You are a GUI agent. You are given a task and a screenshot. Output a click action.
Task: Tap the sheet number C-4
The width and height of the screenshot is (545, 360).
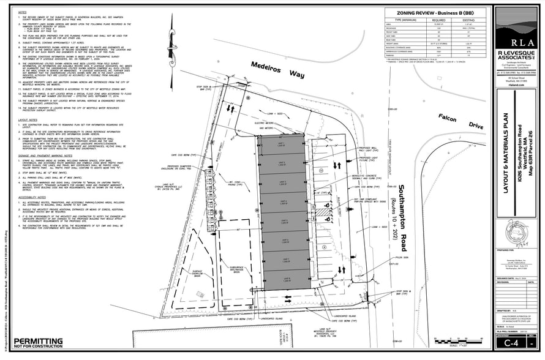(x=518, y=345)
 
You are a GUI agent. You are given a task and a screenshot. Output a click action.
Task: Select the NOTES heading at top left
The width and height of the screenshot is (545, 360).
(x=22, y=12)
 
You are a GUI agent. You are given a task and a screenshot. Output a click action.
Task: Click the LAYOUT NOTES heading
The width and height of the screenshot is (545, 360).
(x=28, y=119)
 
